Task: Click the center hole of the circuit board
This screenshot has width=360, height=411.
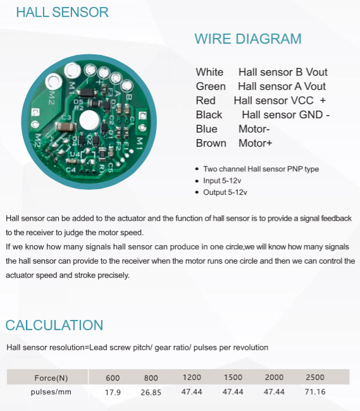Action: pos(89,120)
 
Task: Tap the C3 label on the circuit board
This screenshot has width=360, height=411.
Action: pos(66,117)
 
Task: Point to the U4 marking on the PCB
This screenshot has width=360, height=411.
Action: pos(75,154)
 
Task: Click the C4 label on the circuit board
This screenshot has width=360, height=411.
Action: pos(71,169)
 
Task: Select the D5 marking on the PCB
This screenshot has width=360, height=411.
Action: pos(78,101)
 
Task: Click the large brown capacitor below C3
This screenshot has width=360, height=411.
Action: pos(66,127)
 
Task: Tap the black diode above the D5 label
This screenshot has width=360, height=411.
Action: pos(87,92)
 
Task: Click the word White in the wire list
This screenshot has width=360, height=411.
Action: pos(209,72)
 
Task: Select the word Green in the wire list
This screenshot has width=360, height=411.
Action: pos(211,86)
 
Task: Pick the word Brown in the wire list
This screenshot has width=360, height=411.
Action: pos(211,143)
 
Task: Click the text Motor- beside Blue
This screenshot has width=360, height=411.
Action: pos(254,129)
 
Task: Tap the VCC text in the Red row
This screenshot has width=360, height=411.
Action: pos(301,101)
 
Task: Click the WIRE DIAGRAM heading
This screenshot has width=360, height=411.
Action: pos(248,39)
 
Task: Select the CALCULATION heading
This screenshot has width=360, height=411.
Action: pos(54,325)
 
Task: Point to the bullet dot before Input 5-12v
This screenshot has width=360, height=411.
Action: pos(197,181)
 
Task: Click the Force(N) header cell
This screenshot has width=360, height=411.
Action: pos(51,377)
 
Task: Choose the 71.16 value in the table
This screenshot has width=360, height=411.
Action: pos(315,391)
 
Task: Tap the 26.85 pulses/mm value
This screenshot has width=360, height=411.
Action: pos(151,392)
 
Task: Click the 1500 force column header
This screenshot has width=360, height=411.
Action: pos(233,377)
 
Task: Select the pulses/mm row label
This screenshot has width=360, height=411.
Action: pos(51,392)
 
